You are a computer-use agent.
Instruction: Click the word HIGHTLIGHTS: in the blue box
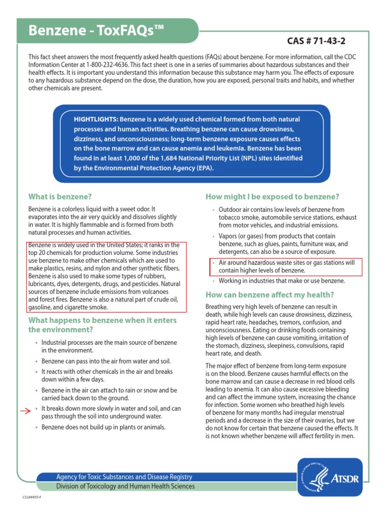[96, 119]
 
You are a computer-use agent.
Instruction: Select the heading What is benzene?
[60, 196]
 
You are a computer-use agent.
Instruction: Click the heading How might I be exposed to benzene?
[272, 196]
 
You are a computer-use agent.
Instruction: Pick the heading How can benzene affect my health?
[269, 295]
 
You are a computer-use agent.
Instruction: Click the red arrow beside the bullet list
[25, 412]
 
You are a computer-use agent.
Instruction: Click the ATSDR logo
[329, 477]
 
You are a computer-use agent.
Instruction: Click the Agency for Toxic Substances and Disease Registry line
[117, 477]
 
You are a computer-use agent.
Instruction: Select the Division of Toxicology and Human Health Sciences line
[118, 486]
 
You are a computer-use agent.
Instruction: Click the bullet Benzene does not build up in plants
[103, 427]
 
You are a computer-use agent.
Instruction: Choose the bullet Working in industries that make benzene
[281, 281]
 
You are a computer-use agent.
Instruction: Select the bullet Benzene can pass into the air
[106, 361]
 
